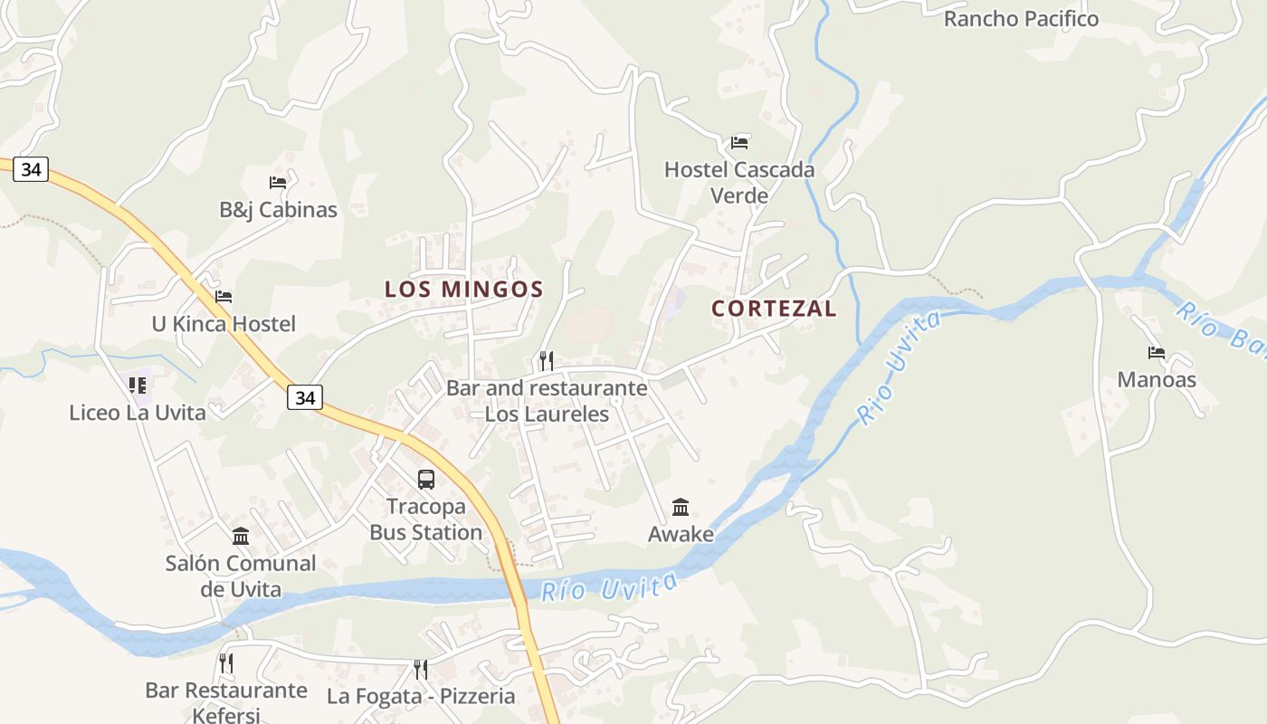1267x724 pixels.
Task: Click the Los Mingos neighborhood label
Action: coord(463,290)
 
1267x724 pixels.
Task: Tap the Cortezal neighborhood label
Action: coord(774,309)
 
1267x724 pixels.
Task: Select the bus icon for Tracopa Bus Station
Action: coord(426,480)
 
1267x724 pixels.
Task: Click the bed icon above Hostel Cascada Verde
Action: coord(739,143)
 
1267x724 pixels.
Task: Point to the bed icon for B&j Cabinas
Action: coord(278,183)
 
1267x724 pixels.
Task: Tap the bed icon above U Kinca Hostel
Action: coord(224,297)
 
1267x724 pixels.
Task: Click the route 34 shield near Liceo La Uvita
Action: coord(306,396)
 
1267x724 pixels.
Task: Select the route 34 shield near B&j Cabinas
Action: coord(31,169)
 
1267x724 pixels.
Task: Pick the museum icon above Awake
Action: coord(681,508)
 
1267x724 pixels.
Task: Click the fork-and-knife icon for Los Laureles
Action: coord(547,361)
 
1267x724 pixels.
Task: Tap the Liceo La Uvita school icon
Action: coord(138,386)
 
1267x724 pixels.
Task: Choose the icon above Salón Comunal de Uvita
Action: coord(241,537)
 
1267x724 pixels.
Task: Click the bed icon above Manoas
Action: coord(1157,353)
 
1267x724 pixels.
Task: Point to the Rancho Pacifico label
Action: coord(1021,19)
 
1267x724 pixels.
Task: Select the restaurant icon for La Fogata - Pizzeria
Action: coord(421,670)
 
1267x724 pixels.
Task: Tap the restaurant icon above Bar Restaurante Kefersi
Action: coord(226,663)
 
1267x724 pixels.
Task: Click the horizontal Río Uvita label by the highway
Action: coord(608,586)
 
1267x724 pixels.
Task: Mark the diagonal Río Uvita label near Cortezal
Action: coord(900,367)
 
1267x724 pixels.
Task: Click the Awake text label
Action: coord(681,535)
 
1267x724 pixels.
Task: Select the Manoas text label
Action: coord(1157,380)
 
